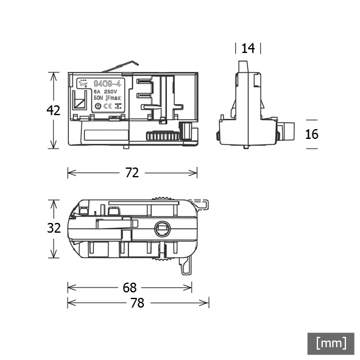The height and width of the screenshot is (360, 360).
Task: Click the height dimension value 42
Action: tap(54, 110)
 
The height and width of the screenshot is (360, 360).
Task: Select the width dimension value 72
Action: tap(132, 173)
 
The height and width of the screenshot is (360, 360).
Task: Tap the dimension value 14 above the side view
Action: tap(248, 49)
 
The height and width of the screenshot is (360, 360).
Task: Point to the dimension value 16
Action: tap(311, 134)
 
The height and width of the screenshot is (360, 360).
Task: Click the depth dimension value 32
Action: tap(54, 228)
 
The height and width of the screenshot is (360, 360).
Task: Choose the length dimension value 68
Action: tap(129, 287)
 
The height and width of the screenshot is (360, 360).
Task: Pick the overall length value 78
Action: tap(138, 303)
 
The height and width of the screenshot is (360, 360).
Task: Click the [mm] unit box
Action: tap(331, 343)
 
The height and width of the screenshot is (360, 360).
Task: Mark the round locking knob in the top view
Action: tap(163, 229)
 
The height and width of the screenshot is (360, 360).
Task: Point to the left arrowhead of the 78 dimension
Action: tap(69, 303)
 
